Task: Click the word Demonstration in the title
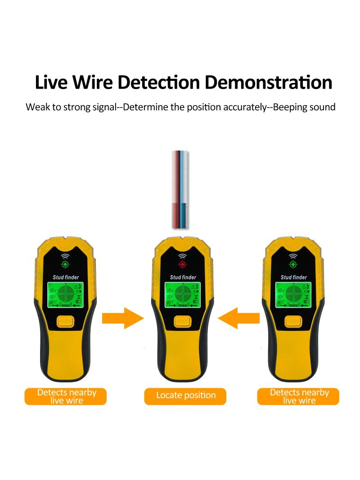(x=269, y=83)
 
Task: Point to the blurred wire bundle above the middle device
(x=180, y=189)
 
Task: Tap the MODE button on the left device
(x=66, y=321)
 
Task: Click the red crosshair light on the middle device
(x=182, y=264)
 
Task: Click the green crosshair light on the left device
(x=66, y=264)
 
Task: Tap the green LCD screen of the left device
(x=66, y=295)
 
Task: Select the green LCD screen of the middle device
(x=182, y=295)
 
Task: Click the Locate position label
(x=185, y=395)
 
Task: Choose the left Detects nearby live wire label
(x=66, y=396)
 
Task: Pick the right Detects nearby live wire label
(x=298, y=396)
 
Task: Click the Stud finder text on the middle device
(x=182, y=278)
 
